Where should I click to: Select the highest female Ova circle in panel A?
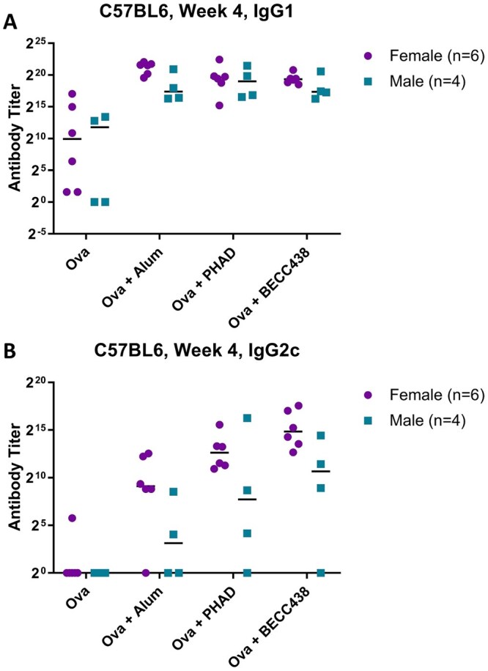[x=72, y=94]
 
